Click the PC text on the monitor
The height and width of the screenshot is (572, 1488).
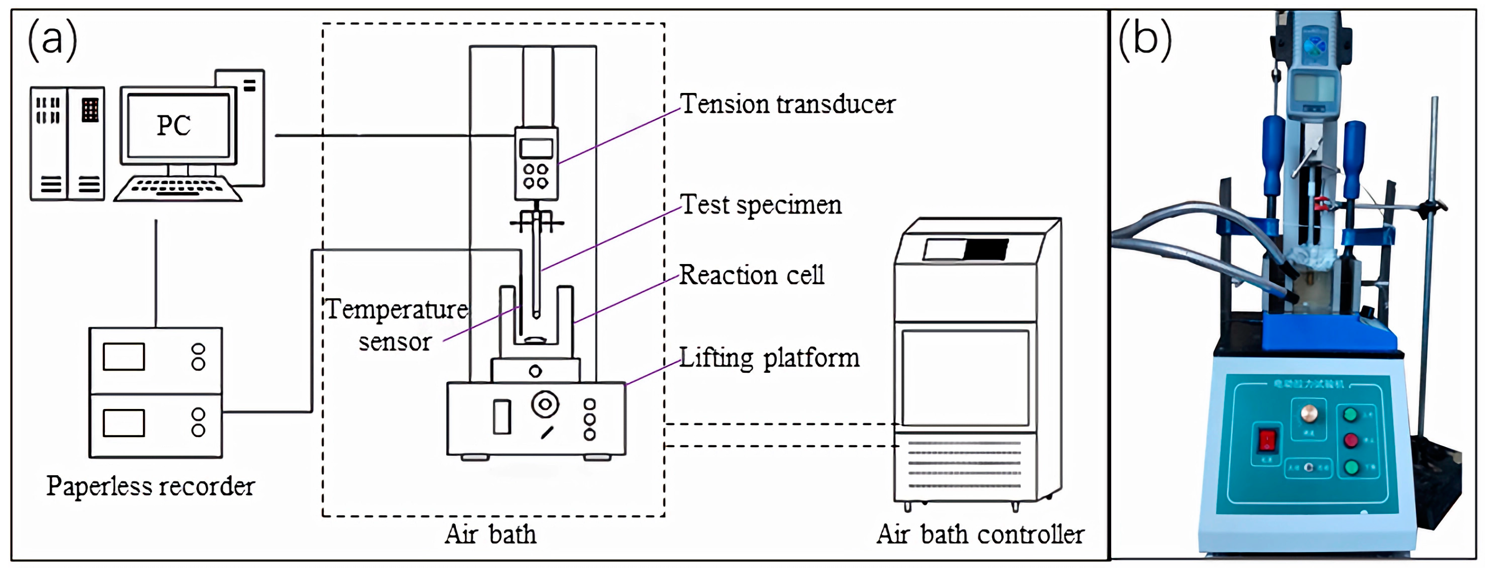click(173, 125)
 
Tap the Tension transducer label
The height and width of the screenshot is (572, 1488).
click(787, 104)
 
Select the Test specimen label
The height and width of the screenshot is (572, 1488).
click(760, 205)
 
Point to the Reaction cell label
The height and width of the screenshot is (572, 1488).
click(751, 275)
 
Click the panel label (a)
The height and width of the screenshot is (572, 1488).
click(52, 39)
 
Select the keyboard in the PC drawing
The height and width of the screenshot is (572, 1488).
click(177, 188)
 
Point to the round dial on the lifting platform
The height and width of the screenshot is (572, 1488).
click(545, 404)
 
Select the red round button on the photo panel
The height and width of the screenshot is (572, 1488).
click(1350, 440)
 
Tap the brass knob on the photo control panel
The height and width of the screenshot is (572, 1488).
click(1309, 414)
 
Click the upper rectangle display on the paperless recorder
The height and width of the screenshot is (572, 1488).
click(124, 357)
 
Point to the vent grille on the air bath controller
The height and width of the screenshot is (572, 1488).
click(964, 465)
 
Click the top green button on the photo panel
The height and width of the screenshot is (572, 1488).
click(1350, 414)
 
